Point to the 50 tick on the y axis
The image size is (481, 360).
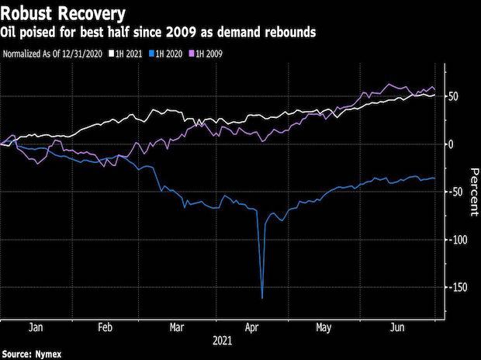(453, 96)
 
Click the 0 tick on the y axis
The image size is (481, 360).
(451, 144)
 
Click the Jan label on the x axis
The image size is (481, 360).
(34, 328)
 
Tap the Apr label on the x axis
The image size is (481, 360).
(253, 328)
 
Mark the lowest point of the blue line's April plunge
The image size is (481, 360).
(262, 298)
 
